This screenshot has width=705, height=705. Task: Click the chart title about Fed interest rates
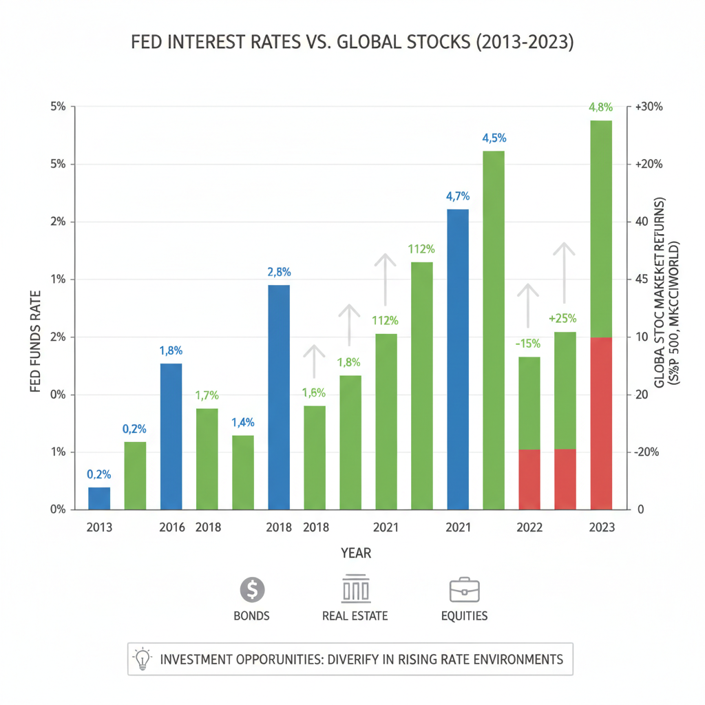point(352,43)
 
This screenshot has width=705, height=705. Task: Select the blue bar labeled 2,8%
point(278,397)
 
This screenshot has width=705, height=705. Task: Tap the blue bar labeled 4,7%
point(458,359)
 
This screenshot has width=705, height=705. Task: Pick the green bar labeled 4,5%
point(494,330)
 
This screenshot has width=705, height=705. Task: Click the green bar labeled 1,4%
point(243,472)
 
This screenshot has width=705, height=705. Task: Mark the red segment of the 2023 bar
point(601,423)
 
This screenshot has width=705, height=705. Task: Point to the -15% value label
point(529,344)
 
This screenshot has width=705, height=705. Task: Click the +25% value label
point(565,319)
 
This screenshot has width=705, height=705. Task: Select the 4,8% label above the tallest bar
point(601,107)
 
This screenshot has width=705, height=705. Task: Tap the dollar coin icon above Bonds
point(251,590)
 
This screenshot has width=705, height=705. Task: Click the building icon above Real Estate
point(355,589)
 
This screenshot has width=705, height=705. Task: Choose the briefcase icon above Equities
point(464,590)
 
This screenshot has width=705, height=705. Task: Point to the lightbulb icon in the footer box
point(142,659)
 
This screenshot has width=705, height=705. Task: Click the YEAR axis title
point(356,553)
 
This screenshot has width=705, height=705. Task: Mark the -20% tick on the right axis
point(648,452)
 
